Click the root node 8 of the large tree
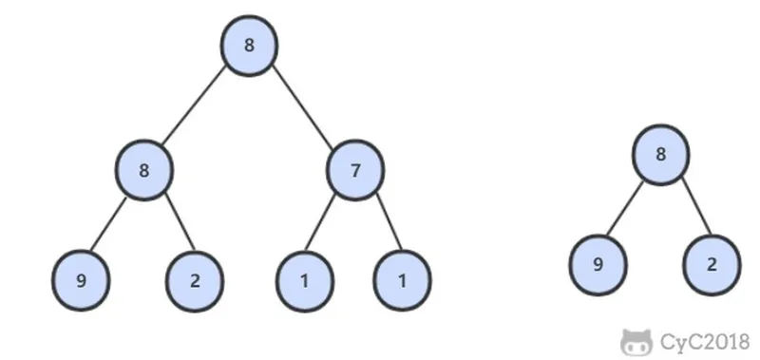click(249, 46)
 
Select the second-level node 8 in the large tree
click(144, 170)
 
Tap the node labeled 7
click(355, 170)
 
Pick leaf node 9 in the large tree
click(81, 280)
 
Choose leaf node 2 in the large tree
click(195, 281)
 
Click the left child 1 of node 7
click(305, 281)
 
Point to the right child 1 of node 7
click(402, 280)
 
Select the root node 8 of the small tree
click(660, 155)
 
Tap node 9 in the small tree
click(598, 265)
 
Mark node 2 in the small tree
click(712, 265)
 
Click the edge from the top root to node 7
click(302, 107)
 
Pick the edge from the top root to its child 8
click(194, 104)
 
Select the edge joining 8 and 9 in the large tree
click(107, 224)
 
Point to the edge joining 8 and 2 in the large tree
click(180, 222)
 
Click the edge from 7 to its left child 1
click(320, 222)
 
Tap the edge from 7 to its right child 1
click(389, 221)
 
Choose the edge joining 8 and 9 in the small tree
click(625, 208)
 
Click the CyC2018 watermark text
click(705, 342)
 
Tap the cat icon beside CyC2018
click(636, 342)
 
